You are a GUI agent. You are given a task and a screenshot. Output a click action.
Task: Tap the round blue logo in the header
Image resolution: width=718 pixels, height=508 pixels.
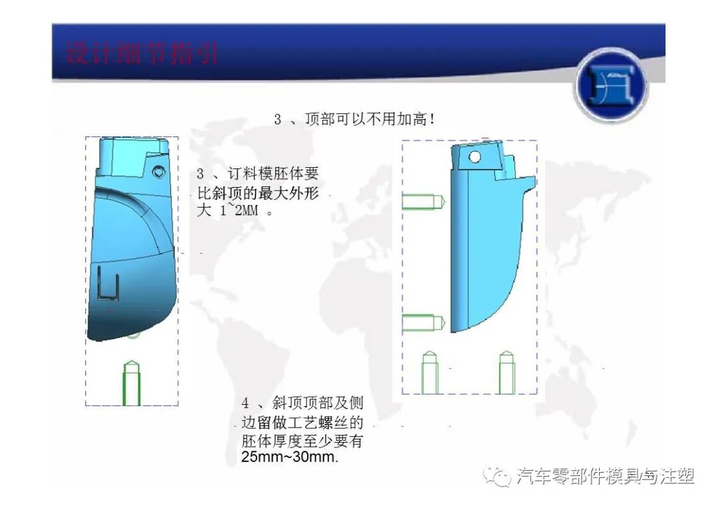coord(610,87)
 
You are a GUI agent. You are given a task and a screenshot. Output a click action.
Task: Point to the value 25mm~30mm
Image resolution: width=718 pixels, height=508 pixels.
coord(291,458)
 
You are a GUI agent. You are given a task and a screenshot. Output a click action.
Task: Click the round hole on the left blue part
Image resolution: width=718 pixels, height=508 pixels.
coord(158,172)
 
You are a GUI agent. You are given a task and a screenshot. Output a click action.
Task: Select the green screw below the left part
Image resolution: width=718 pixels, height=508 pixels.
coord(132,383)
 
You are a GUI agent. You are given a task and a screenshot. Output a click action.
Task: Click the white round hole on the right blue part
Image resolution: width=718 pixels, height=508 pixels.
coord(475,157)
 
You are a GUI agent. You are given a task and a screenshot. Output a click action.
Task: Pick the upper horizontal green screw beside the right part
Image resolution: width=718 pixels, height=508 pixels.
coord(423,200)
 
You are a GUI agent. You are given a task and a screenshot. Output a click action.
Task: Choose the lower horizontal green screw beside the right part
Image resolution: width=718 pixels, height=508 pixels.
coord(423,323)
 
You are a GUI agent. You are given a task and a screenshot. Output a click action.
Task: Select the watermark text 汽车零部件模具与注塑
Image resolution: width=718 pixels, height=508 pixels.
coord(605,476)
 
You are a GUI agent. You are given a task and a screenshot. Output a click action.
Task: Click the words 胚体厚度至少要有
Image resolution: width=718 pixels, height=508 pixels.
coord(302,441)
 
